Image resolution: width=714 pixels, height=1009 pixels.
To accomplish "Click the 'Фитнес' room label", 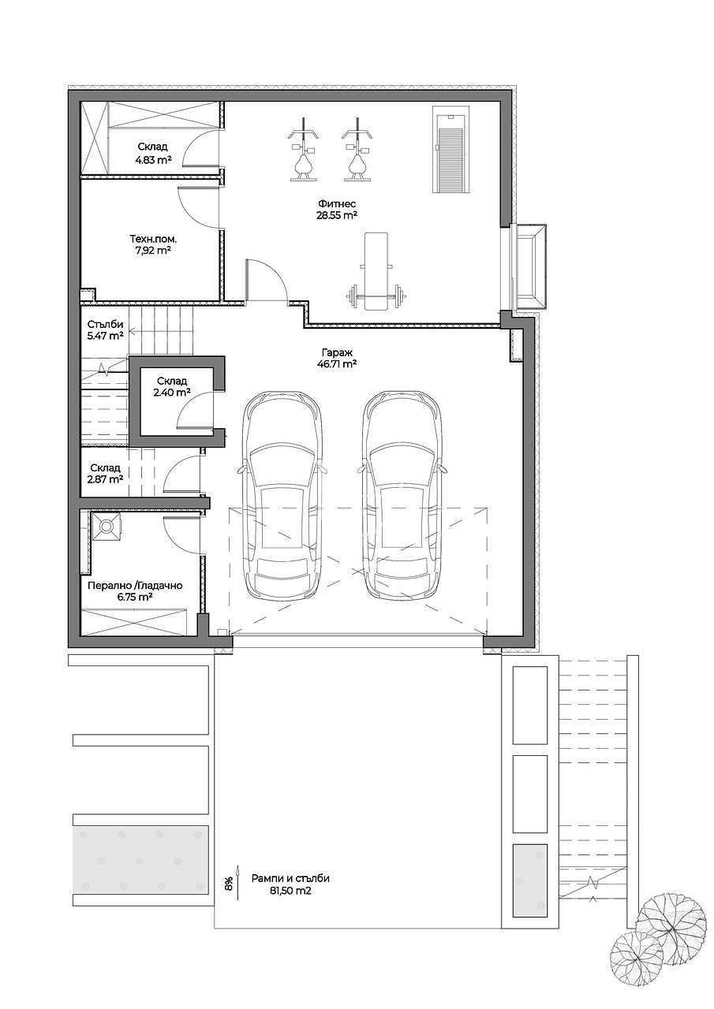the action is (x=337, y=204).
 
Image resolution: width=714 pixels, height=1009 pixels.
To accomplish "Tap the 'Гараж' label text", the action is (x=337, y=352).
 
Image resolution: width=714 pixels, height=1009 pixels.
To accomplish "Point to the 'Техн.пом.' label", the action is (x=153, y=239).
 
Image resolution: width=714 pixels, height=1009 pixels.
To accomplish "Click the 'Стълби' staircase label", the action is (x=105, y=324).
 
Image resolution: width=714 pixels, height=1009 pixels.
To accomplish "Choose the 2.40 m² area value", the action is (x=172, y=393).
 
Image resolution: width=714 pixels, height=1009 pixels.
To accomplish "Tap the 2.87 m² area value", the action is (x=106, y=478).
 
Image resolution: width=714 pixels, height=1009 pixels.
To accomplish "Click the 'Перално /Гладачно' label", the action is (x=135, y=586).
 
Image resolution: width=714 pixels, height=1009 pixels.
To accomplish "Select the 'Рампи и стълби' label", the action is (x=291, y=878).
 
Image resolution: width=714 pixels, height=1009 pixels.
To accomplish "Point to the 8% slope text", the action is (x=229, y=884).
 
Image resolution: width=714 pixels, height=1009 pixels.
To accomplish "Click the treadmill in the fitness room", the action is (x=451, y=150).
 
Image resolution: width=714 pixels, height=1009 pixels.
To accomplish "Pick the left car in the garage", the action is (x=282, y=494).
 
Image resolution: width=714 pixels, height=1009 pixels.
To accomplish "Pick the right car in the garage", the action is (x=403, y=494).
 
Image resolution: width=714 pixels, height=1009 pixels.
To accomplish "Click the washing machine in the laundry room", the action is (x=106, y=526).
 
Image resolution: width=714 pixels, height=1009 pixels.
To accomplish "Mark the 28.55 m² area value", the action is (x=337, y=215).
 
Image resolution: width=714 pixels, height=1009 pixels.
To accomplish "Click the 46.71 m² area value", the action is (x=337, y=364).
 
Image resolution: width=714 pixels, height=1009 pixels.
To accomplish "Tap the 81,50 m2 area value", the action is (x=291, y=891).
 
